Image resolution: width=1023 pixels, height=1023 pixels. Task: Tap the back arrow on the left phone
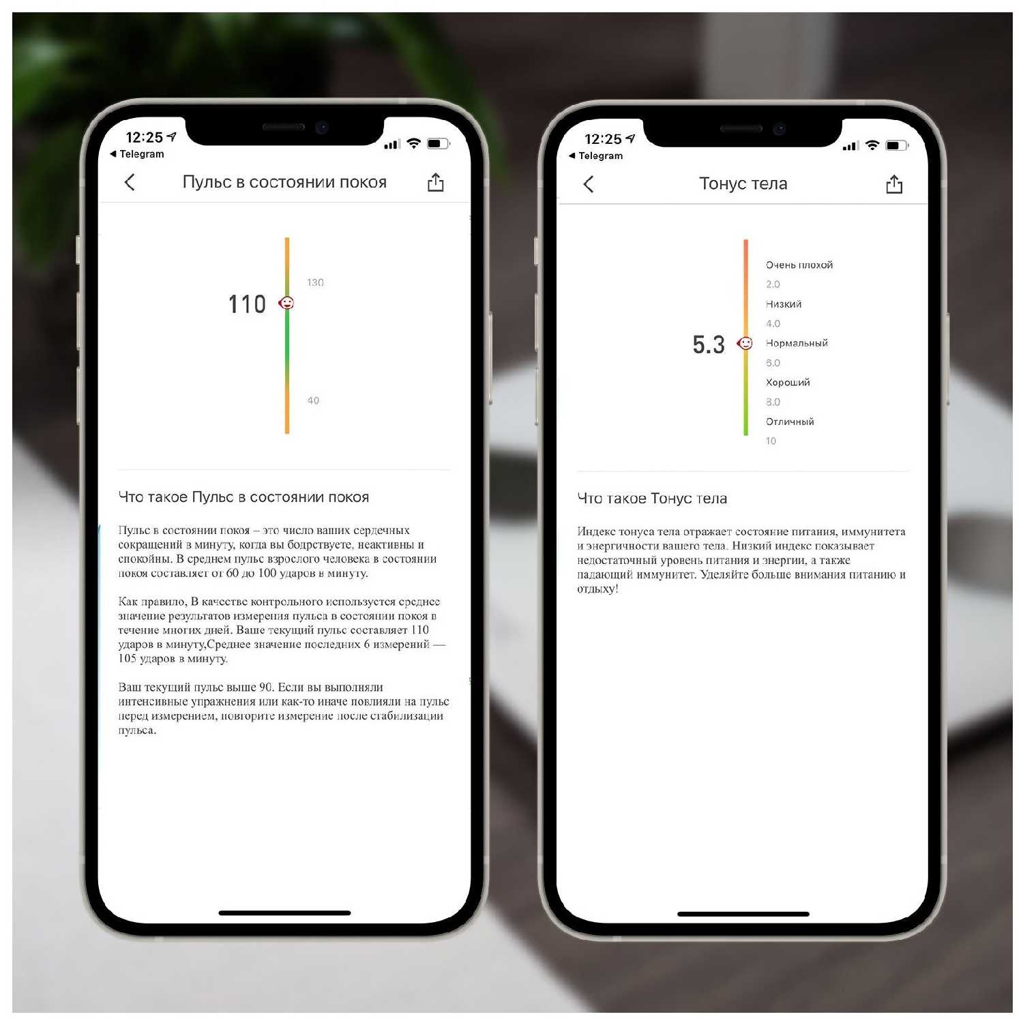pos(130,182)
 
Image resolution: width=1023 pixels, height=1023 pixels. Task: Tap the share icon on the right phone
pos(894,184)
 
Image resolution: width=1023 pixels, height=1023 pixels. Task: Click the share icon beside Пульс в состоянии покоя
pos(435,182)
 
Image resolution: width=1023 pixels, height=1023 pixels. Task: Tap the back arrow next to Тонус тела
pos(589,184)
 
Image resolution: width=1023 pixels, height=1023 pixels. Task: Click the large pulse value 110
pos(247,304)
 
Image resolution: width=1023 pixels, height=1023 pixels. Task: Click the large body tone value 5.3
pos(709,344)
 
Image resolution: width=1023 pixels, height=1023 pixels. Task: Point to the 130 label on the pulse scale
pos(315,282)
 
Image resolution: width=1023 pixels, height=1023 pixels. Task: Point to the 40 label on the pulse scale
pos(313,400)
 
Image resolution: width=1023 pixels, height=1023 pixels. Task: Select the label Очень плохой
pos(799,265)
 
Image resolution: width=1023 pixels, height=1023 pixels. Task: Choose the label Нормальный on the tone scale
pos(797,343)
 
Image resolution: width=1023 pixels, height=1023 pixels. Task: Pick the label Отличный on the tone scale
pos(790,421)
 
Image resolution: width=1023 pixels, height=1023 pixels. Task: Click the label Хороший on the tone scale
pos(788,382)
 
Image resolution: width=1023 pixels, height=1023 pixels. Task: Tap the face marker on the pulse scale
pos(286,303)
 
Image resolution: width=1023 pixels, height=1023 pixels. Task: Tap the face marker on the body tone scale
pos(745,343)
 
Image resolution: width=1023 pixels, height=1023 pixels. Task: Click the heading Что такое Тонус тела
pos(652,499)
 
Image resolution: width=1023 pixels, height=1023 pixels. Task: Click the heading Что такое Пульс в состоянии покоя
pos(243,497)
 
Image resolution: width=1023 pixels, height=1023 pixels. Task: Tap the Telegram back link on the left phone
pos(137,154)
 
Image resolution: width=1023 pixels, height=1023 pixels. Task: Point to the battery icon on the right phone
pos(896,145)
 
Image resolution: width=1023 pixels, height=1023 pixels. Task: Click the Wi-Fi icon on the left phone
pos(413,143)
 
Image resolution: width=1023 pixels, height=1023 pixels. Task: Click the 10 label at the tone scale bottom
pos(771,441)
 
